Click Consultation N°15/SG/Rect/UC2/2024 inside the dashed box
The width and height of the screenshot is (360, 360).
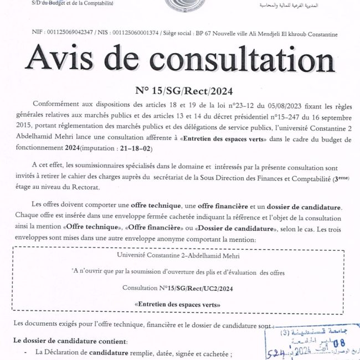[178, 288]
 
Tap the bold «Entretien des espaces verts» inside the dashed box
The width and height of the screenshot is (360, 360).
[178, 305]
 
